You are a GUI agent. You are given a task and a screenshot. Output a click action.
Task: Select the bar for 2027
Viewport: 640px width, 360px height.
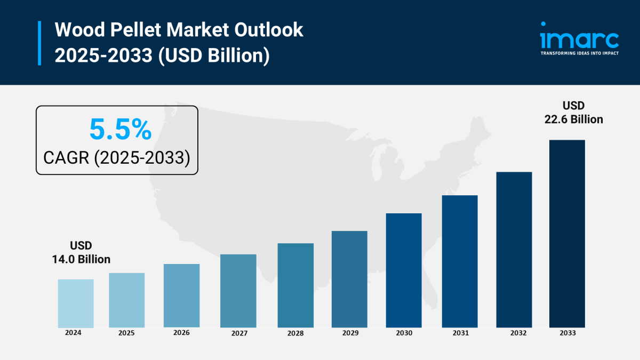point(238,291)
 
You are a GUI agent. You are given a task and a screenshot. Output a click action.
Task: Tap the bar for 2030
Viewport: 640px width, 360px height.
point(404,270)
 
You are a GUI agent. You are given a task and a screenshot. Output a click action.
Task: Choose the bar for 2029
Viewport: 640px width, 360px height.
point(349,279)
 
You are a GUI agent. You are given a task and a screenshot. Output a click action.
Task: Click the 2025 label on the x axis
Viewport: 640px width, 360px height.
point(126,333)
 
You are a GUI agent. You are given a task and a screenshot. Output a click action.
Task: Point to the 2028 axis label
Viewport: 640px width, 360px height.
point(295,333)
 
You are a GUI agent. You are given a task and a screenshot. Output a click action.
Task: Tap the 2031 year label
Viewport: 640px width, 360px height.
point(460,333)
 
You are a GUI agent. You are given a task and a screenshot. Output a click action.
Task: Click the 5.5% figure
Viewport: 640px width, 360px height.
point(121,129)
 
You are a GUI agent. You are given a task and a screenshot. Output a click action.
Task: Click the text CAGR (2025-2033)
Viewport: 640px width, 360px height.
point(117,158)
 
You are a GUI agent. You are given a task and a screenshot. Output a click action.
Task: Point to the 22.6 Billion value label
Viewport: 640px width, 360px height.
point(573,119)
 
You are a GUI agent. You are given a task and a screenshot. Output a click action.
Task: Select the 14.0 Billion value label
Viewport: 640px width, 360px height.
point(81,259)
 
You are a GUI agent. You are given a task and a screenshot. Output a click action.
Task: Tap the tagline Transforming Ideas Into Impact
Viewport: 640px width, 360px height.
point(579,54)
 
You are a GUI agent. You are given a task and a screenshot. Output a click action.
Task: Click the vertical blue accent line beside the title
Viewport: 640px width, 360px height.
point(39,43)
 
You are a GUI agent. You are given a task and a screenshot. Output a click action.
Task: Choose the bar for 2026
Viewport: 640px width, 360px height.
point(181,295)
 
